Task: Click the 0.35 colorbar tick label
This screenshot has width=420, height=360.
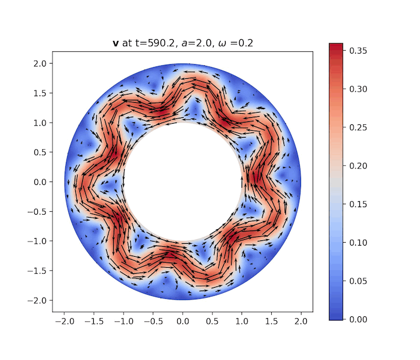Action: tap(357, 50)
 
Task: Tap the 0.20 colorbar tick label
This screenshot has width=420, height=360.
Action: tap(357, 166)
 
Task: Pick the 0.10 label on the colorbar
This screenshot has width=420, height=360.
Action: tap(357, 243)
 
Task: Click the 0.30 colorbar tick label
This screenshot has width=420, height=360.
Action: tap(357, 89)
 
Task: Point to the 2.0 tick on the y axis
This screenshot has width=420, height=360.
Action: tap(41, 63)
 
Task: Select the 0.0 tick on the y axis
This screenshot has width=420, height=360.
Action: tap(41, 182)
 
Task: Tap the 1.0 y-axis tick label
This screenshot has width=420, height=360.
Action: tap(41, 123)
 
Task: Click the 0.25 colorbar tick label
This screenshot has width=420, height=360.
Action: tap(357, 127)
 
